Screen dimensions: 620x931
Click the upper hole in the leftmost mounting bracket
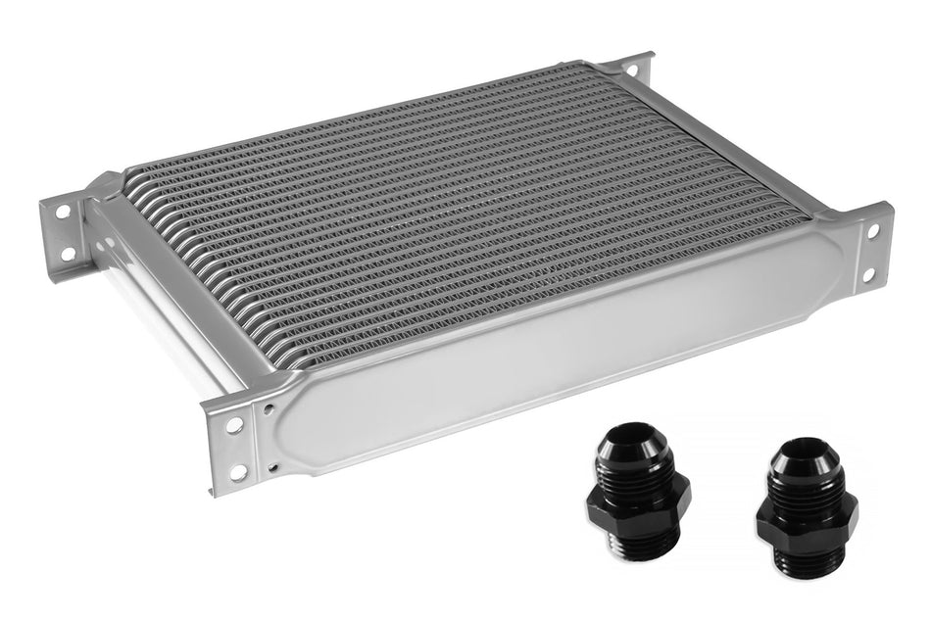click(x=63, y=212)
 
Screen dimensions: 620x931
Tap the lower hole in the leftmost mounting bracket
click(x=68, y=254)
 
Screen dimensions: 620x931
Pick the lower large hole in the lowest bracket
click(x=238, y=472)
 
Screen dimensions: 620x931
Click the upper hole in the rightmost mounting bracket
click(x=872, y=231)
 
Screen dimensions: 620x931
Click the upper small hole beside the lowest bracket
click(x=267, y=405)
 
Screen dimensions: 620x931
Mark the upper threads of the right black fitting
click(x=806, y=484)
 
